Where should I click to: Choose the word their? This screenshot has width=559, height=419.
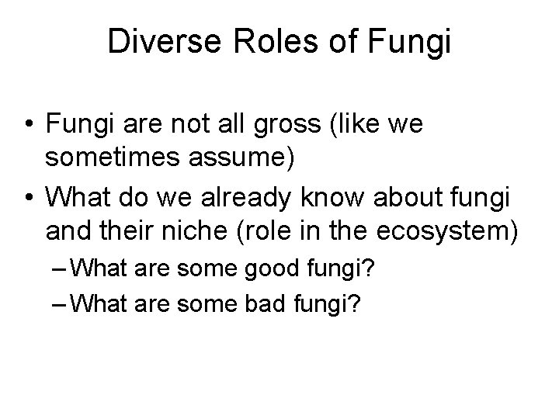point(116,232)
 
